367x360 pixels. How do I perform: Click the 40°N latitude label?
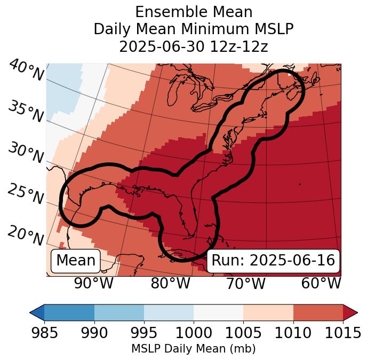(26, 71)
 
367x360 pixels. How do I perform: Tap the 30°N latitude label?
(26, 153)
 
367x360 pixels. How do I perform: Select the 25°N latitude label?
(26, 194)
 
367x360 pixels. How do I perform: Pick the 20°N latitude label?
(26, 236)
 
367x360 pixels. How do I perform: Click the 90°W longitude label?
(94, 284)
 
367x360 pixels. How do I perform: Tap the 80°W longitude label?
(170, 284)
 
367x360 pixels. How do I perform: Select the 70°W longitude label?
(245, 284)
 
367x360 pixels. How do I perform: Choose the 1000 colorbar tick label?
(194, 333)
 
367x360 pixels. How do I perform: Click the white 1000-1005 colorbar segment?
(218, 312)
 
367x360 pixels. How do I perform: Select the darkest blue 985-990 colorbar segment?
(69, 312)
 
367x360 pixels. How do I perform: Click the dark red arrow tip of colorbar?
(350, 312)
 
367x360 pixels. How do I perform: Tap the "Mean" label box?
(76, 261)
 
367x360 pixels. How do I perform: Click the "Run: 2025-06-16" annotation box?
(273, 261)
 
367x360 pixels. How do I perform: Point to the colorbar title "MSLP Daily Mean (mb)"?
(193, 349)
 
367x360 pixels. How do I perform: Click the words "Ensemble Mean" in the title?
(194, 12)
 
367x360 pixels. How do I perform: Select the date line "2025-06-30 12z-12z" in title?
(194, 47)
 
